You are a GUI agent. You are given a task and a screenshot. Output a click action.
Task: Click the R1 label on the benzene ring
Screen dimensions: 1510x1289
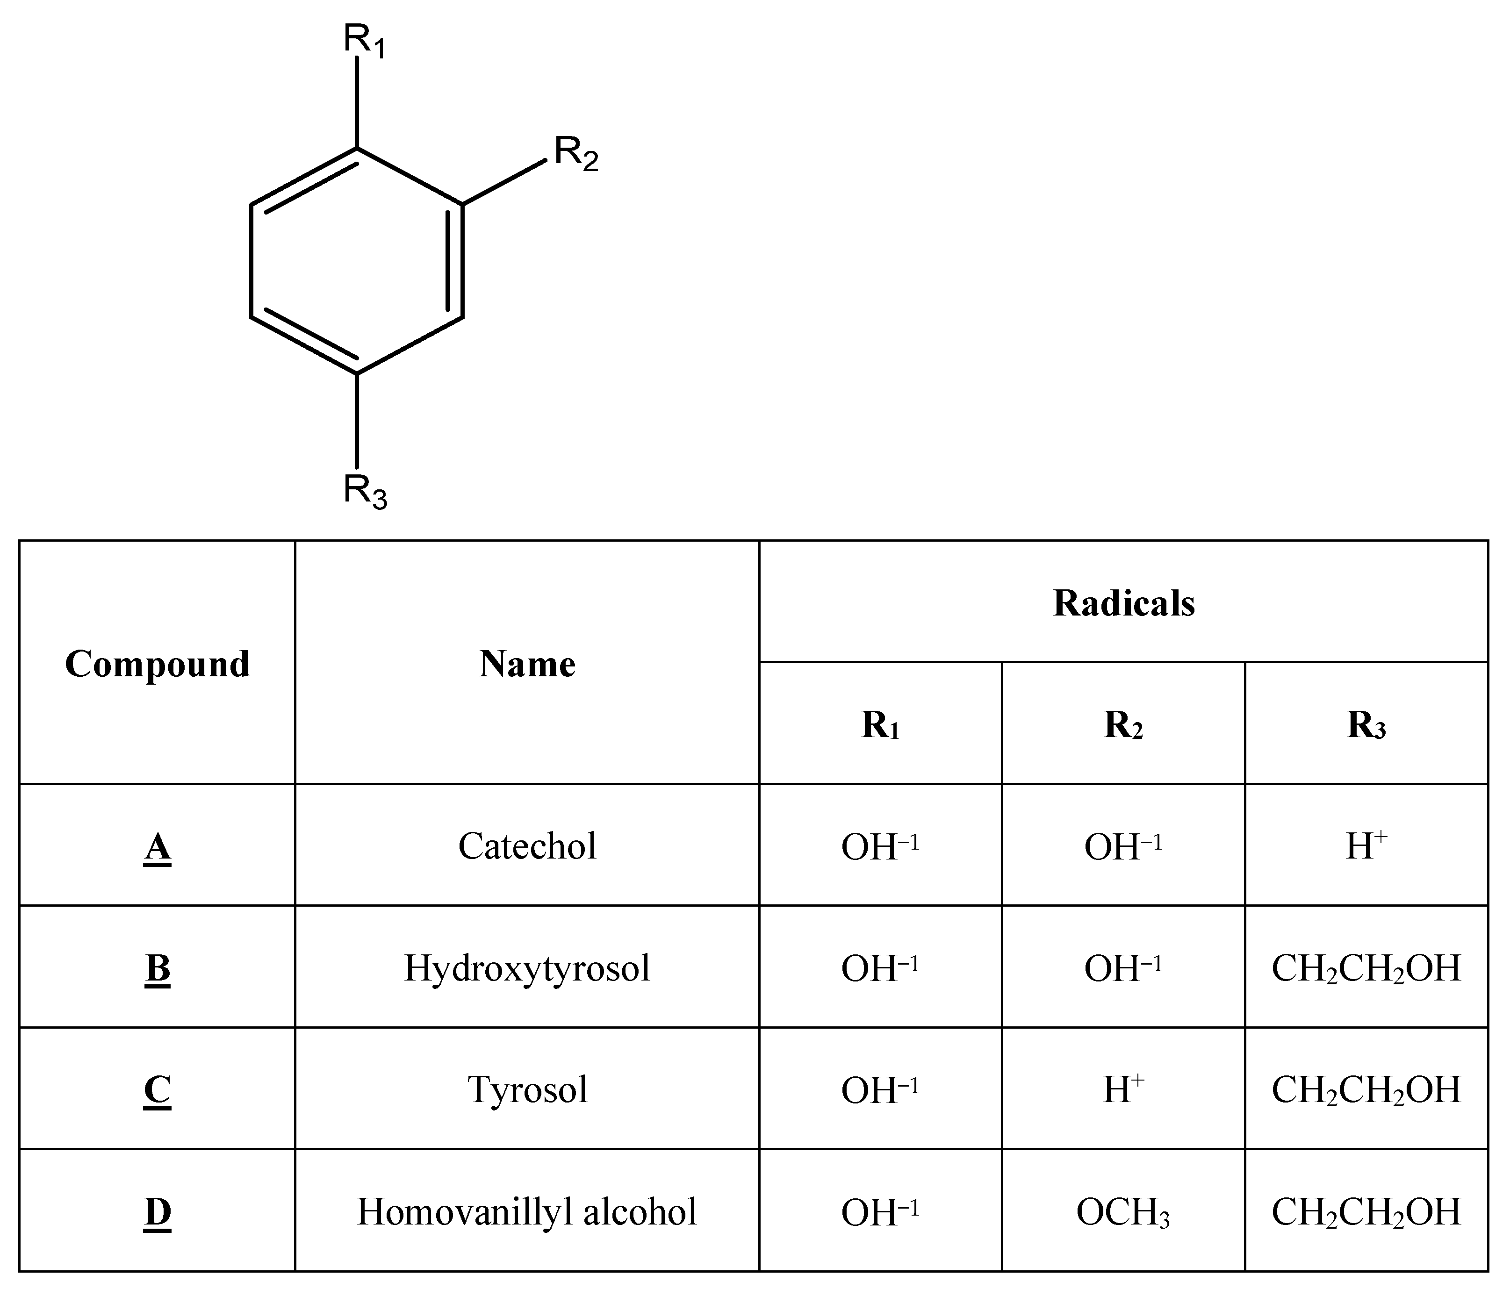(364, 42)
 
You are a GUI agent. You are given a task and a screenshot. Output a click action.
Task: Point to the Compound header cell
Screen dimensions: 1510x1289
(158, 664)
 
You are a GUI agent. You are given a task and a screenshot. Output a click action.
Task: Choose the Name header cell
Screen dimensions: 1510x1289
(527, 664)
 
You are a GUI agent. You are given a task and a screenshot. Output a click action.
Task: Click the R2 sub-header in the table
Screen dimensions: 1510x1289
(1123, 725)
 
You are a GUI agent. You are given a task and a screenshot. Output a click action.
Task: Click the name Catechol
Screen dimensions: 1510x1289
(527, 846)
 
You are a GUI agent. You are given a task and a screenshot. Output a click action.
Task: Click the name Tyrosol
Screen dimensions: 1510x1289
(527, 1090)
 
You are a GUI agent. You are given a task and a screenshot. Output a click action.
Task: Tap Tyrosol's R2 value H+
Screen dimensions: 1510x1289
(1123, 1090)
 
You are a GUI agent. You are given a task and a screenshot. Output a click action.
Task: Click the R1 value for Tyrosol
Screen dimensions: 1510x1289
(880, 1090)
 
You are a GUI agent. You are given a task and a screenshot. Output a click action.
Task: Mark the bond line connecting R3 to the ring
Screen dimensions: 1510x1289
(357, 421)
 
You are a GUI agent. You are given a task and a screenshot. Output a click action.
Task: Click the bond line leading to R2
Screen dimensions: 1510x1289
(504, 181)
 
